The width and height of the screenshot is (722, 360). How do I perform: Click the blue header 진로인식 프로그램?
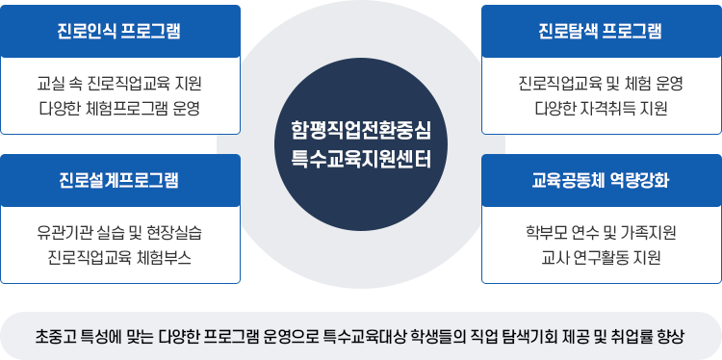[120, 31]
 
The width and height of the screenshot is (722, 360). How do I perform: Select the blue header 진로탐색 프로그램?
[601, 31]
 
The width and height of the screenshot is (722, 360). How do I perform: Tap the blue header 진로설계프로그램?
[120, 180]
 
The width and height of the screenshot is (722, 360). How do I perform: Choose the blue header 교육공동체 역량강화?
[601, 180]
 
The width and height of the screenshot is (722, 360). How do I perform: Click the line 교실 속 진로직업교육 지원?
[120, 84]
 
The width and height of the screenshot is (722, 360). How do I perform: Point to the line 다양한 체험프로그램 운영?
[120, 107]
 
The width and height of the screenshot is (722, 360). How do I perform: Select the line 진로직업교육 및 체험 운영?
[601, 84]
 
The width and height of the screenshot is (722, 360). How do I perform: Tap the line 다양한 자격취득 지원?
[601, 107]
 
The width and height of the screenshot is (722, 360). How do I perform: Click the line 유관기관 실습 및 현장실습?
[120, 233]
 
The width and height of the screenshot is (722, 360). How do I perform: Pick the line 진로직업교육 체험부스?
[120, 256]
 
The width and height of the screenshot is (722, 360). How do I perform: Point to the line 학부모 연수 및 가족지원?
[601, 233]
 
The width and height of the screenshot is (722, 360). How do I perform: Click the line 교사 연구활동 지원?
[601, 256]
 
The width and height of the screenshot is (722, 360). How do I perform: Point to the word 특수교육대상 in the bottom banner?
[405, 337]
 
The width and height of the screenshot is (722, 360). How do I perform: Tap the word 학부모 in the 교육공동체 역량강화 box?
[538, 233]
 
